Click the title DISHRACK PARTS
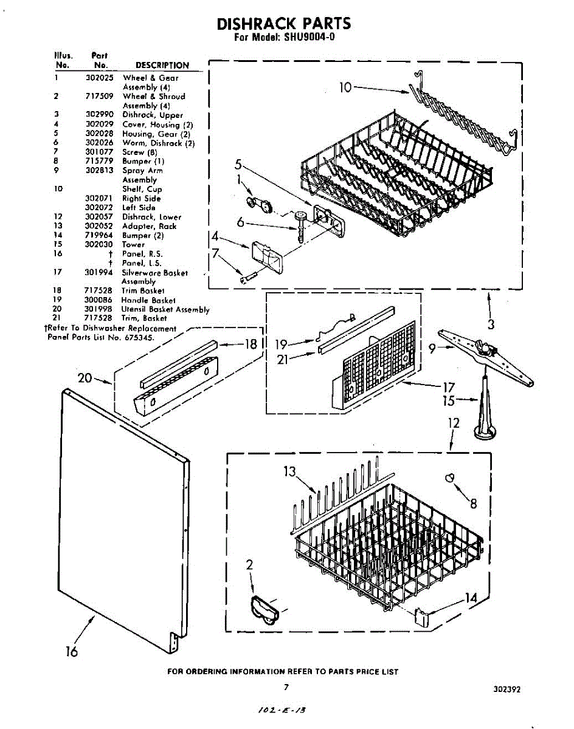[x=284, y=24]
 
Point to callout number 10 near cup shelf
[x=345, y=87]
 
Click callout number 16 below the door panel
[x=72, y=652]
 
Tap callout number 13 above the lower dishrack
[x=289, y=471]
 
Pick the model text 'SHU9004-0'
[x=309, y=36]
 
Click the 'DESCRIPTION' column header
[x=162, y=65]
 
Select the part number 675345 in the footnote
[x=140, y=337]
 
